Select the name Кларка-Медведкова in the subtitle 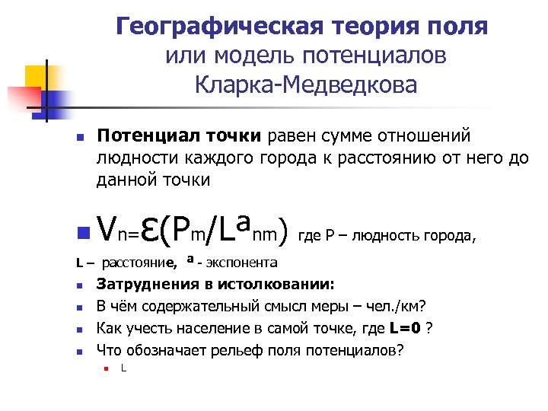pyautogui.click(x=306, y=84)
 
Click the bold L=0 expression pyautogui.click(x=406, y=329)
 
